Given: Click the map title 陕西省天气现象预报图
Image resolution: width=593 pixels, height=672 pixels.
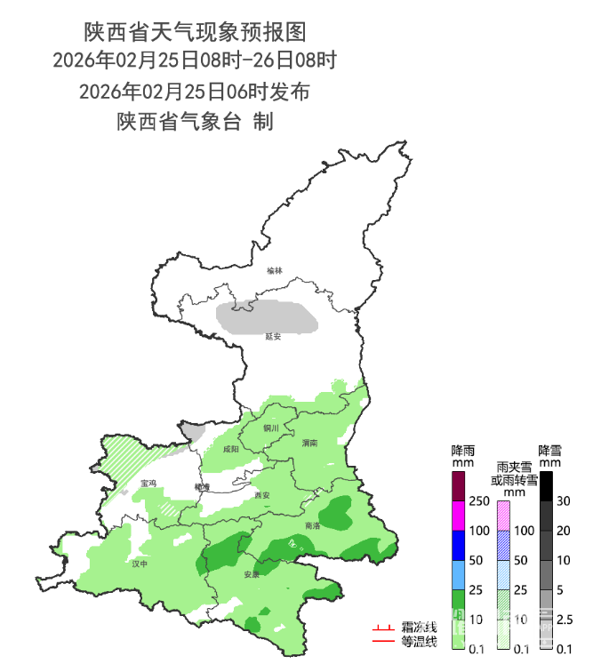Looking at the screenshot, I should pos(195,33).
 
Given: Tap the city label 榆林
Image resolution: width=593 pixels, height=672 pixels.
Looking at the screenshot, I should pos(274,270).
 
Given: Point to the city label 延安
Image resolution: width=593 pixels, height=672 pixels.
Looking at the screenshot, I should pos(273,337).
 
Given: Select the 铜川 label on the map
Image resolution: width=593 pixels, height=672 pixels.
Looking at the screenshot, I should pos(271,428).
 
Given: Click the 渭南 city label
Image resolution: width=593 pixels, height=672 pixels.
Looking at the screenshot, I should pos(309,442).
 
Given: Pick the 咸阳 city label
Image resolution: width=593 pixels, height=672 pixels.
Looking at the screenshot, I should pos(231,450).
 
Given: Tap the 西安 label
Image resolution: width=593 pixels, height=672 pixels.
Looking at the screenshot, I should pos(261,495).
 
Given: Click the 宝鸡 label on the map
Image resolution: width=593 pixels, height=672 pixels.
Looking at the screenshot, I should pos(148,484).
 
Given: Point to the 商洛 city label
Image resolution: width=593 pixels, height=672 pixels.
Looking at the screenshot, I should pos(312,526).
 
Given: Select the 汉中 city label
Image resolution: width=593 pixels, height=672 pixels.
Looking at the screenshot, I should pos(139,564).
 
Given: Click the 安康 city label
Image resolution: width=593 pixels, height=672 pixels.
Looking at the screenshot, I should pos(252,574).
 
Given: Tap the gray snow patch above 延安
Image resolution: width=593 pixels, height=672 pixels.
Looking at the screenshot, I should pos(268,316).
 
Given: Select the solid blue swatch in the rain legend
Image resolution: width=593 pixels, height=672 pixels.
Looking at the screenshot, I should pos(459,545).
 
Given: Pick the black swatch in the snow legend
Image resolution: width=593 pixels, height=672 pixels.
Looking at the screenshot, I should pos(546,485).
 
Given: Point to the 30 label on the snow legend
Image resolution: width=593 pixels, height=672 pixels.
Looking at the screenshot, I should pos(564,500).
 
